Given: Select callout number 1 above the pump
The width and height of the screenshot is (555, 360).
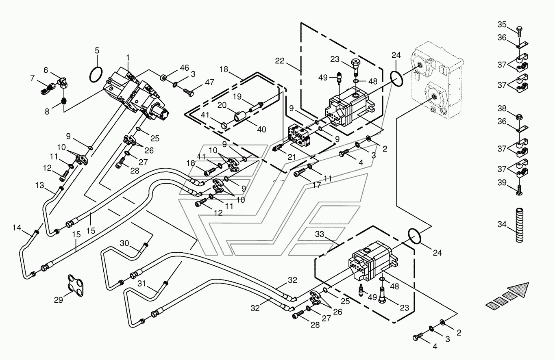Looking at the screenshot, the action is click(x=128, y=58).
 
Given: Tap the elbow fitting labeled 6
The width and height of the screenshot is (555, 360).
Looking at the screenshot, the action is click(x=64, y=82).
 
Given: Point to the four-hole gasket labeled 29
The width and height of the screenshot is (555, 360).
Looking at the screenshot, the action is click(x=76, y=285).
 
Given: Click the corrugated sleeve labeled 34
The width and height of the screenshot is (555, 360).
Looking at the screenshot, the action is click(x=519, y=225).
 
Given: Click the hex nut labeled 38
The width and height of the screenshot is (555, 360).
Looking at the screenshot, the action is click(x=520, y=117).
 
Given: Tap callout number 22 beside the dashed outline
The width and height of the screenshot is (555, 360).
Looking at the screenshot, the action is click(x=279, y=61).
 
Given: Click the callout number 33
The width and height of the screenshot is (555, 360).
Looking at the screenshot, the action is click(x=320, y=234).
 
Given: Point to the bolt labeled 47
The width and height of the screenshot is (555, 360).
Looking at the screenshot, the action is click(x=189, y=93).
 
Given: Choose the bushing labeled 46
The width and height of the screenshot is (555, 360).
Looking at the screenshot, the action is click(x=164, y=78).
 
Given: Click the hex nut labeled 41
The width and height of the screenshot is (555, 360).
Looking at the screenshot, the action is click(x=224, y=126).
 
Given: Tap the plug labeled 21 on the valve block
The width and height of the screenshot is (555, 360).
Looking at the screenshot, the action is click(x=277, y=148).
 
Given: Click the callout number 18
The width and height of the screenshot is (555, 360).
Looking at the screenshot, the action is click(x=224, y=69).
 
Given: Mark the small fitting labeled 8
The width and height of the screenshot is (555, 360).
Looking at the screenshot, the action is click(x=64, y=101).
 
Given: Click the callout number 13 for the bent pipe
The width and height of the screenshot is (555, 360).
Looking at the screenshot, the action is click(x=40, y=185).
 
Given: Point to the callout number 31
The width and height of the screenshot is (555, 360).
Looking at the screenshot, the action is click(x=141, y=284).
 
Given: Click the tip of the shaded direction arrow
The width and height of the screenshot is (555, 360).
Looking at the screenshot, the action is click(x=529, y=282).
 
